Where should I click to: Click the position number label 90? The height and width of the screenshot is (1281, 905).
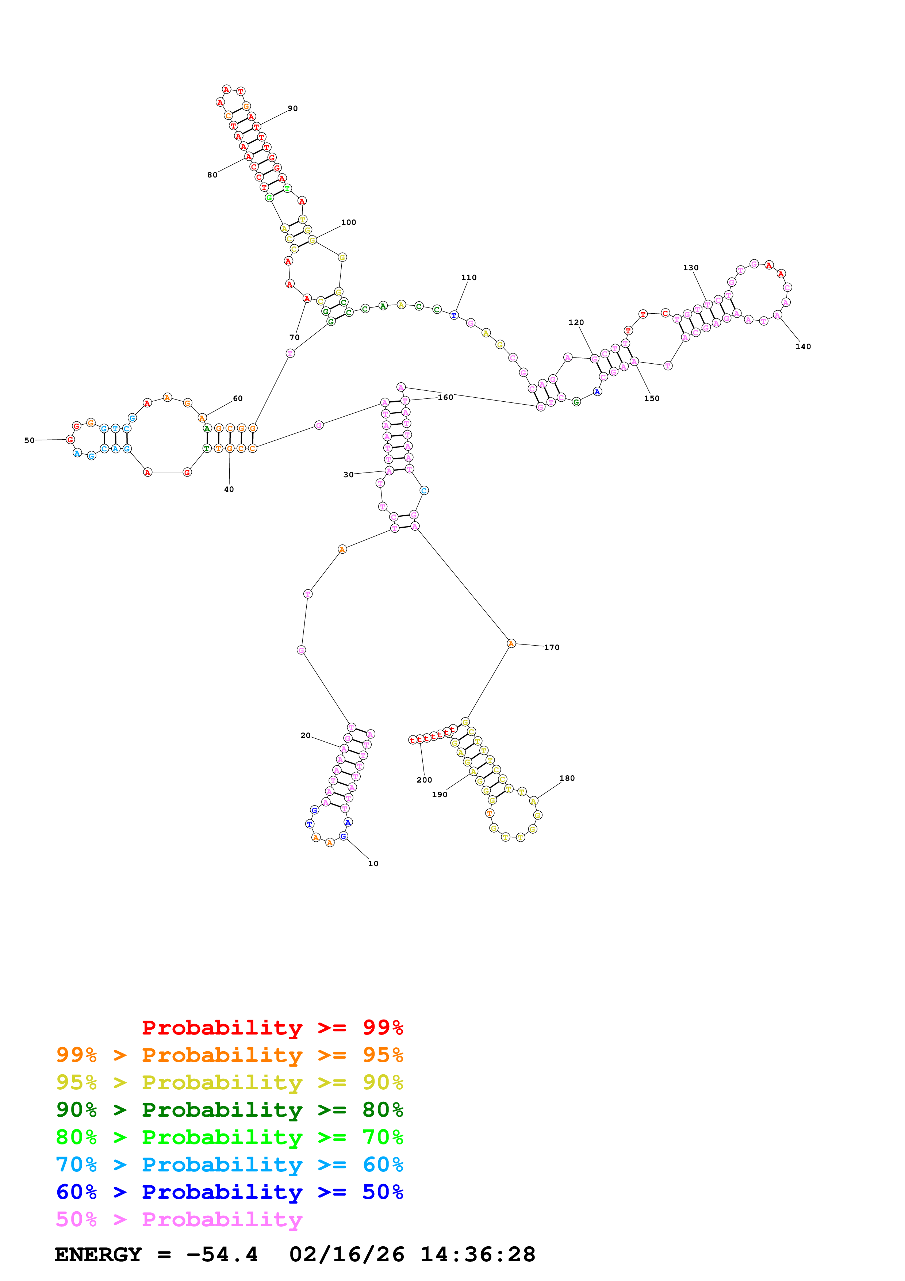tap(293, 108)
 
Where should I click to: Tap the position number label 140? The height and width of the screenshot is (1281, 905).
tap(803, 347)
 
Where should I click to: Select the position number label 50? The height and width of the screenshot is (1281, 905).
tap(30, 440)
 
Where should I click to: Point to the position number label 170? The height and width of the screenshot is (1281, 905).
tap(552, 647)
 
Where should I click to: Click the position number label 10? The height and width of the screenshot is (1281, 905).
tap(373, 863)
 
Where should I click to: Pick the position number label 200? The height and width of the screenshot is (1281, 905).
tap(424, 780)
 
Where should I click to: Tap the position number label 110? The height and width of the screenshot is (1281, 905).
tap(469, 277)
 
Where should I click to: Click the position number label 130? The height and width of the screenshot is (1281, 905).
tap(691, 268)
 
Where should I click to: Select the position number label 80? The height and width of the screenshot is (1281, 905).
tap(212, 175)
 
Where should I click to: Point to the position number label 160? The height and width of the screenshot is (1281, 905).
tap(445, 397)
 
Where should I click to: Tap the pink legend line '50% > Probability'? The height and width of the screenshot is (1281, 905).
tap(179, 1220)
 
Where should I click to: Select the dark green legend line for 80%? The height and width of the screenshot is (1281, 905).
tap(229, 1110)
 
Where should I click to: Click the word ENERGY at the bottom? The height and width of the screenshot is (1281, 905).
tap(98, 1255)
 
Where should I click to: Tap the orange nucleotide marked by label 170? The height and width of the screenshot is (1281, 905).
tap(511, 644)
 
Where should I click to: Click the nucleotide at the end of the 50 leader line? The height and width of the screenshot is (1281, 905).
tap(70, 440)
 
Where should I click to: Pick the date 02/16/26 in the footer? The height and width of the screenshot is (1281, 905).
tap(346, 1255)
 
